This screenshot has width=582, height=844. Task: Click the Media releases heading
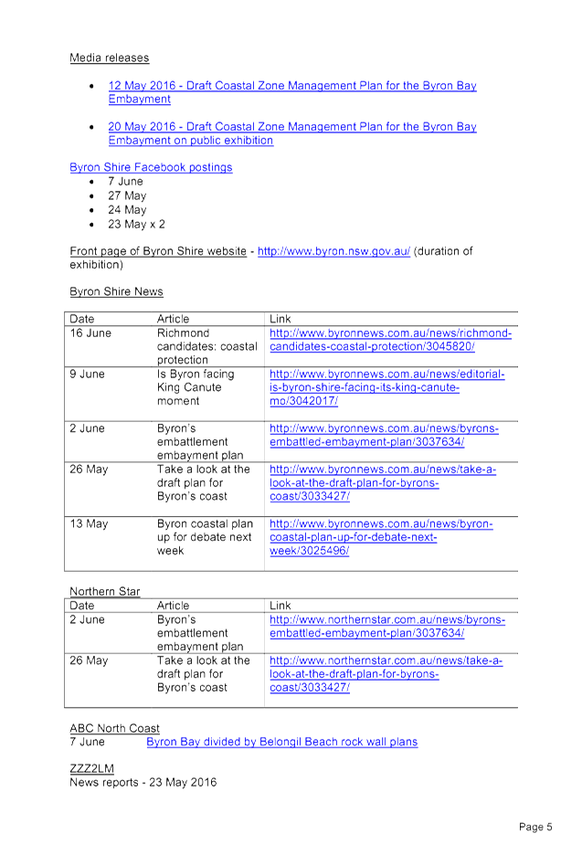pos(110,58)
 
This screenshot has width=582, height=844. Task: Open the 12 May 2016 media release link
pos(292,92)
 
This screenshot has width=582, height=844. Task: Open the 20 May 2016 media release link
pos(292,133)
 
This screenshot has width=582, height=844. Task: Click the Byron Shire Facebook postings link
pos(151,167)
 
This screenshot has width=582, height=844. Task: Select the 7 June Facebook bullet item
pos(125,182)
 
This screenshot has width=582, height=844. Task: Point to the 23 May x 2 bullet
pos(136,224)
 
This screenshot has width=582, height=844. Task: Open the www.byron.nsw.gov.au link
pos(333,251)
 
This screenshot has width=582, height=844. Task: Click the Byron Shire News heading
pos(116,291)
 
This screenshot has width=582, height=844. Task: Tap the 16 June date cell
pos(90,333)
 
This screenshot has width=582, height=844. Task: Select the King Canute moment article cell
pos(196,387)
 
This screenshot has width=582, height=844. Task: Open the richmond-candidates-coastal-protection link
pos(390,340)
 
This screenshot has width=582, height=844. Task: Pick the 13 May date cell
pos(89,523)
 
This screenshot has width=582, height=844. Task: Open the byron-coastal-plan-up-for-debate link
pos(381,537)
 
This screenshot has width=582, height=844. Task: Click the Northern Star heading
pos(104,591)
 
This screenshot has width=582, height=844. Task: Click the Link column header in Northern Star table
pos(280,606)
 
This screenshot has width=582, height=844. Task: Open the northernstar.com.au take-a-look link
pos(386,673)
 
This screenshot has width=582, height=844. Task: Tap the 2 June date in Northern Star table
pos(87,619)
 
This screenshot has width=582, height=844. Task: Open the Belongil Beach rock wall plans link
pos(282,742)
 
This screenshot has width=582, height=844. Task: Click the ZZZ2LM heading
pos(91,768)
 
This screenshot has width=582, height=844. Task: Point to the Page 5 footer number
pos(535,827)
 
